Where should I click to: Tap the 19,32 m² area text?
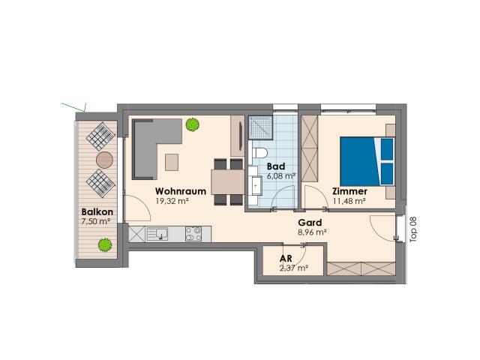(x=171, y=201)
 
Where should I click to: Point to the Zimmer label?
(x=349, y=191)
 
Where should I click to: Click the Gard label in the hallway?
(x=310, y=223)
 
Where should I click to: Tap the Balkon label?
(x=97, y=212)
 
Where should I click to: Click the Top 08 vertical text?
(x=412, y=229)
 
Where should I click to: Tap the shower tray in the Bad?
(x=262, y=130)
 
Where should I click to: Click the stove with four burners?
(x=193, y=234)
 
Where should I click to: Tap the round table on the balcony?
(x=104, y=159)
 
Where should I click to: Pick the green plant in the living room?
(x=193, y=124)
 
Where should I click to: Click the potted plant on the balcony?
(x=103, y=244)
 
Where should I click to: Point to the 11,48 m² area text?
(x=349, y=201)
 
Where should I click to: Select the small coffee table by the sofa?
(x=173, y=161)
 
